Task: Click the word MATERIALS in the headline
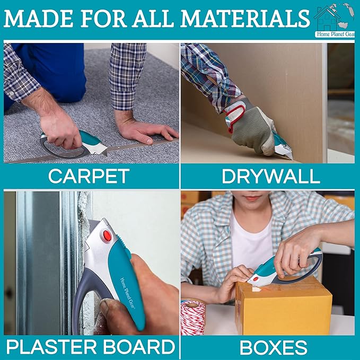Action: (x=245, y=19)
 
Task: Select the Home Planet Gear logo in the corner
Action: (x=334, y=20)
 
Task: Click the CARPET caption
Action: (x=89, y=176)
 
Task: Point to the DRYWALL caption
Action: (x=271, y=177)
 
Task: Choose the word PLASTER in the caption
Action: (x=51, y=347)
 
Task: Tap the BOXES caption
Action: (x=273, y=347)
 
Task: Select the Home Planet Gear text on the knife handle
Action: (x=128, y=293)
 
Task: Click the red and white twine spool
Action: (x=192, y=318)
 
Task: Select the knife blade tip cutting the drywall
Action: (x=292, y=159)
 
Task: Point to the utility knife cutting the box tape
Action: (x=285, y=269)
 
